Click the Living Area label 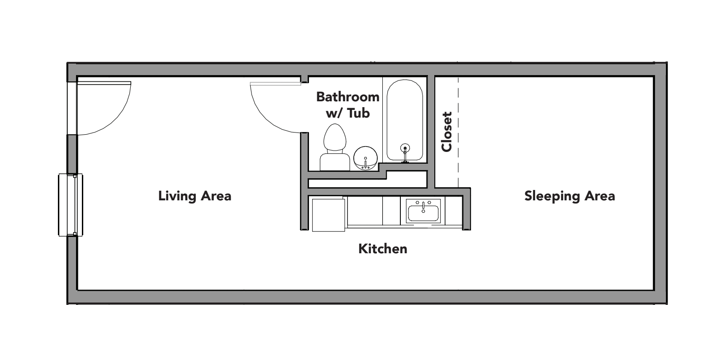click(x=195, y=196)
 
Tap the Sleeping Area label click(x=569, y=196)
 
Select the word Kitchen click(x=383, y=249)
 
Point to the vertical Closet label click(x=447, y=132)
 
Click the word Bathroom click(x=347, y=97)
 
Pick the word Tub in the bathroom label click(x=359, y=113)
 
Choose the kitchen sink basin click(x=423, y=213)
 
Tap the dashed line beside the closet click(x=458, y=132)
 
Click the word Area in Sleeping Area click(x=599, y=196)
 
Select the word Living click(x=176, y=196)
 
